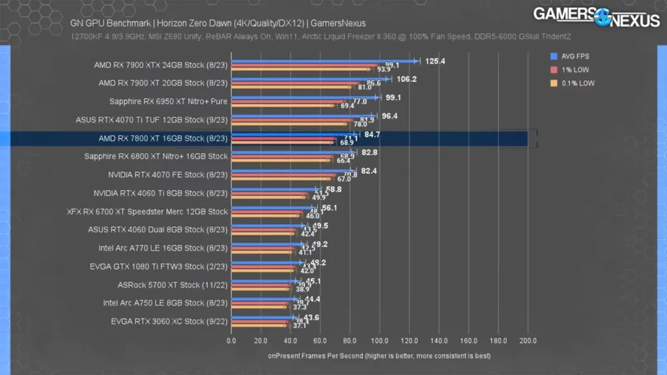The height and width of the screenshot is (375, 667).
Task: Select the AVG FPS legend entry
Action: point(576,56)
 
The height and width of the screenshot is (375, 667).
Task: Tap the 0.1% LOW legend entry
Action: point(576,83)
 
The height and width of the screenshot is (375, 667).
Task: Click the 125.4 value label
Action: point(435,61)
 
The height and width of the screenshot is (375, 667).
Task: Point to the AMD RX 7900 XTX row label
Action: point(160,64)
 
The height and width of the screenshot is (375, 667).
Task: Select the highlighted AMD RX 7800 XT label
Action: point(163,138)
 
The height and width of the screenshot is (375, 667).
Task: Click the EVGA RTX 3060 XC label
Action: point(169,321)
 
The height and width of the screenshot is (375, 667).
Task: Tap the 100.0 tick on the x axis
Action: point(380,340)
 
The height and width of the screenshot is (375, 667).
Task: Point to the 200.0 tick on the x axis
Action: point(528,340)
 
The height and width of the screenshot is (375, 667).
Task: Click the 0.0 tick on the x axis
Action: point(231,340)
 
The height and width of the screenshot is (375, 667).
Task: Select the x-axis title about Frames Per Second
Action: point(379,356)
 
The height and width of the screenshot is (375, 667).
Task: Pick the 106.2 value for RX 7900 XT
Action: point(406,79)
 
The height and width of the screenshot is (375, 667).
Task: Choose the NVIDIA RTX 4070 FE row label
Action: point(167,174)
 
